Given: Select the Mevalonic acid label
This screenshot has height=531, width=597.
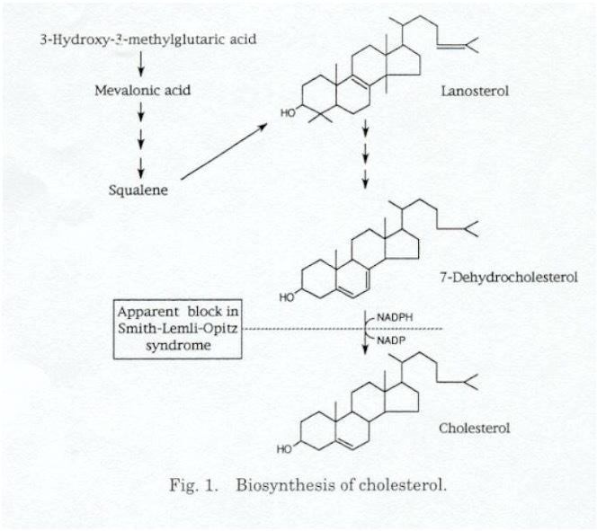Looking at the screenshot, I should pos(142,91).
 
